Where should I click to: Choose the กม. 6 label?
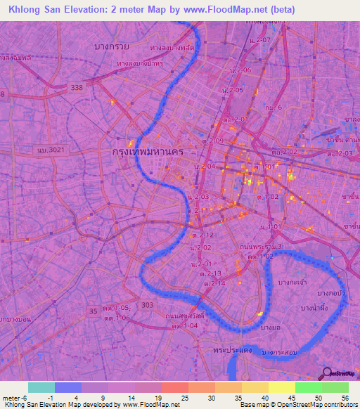tap(274, 107)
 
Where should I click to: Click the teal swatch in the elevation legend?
tap(41, 387)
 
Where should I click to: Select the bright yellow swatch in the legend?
tap(282, 387)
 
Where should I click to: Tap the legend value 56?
tap(344, 397)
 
